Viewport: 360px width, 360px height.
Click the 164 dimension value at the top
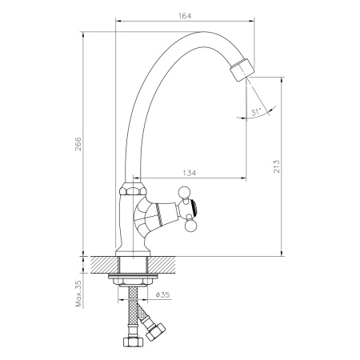coord(184,14)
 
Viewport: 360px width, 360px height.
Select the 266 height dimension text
coord(78,144)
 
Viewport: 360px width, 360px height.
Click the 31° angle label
coord(255,113)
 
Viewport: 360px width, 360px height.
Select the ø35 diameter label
coord(161,295)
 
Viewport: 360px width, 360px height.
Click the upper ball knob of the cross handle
coord(182,190)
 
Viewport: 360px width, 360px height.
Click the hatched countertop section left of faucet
coord(103,265)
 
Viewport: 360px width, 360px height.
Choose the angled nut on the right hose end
coord(158,329)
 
